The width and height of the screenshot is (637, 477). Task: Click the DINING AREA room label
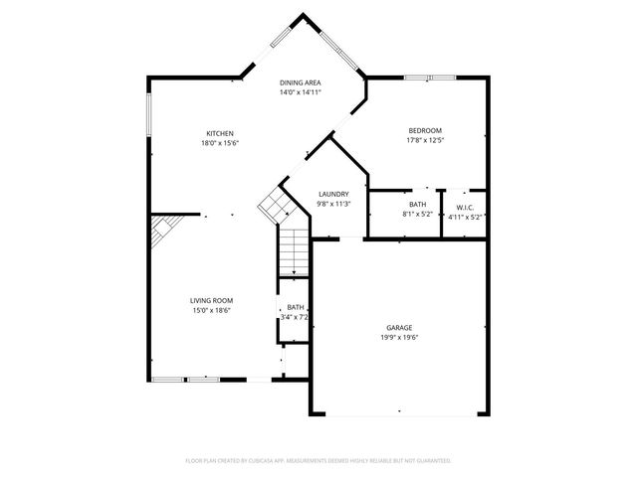[x=300, y=82]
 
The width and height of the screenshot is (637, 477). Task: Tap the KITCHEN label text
[x=220, y=133]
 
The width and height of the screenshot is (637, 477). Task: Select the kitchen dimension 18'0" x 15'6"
[x=220, y=143]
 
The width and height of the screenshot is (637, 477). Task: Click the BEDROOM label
[x=425, y=130]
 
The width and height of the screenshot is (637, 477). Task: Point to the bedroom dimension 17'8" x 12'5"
[x=425, y=140]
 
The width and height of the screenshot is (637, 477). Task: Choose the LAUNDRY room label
[x=332, y=194]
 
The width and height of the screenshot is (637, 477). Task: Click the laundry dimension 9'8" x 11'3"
[x=332, y=204]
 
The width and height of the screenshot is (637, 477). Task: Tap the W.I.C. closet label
[x=465, y=207]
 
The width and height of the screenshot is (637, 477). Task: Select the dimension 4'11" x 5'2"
[x=465, y=216]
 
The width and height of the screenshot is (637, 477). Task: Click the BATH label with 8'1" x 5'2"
[x=417, y=206]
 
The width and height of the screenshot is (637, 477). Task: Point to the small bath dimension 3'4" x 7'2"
[x=297, y=318]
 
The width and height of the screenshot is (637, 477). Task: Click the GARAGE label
[x=399, y=327]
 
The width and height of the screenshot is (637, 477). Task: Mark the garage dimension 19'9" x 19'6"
[x=399, y=337]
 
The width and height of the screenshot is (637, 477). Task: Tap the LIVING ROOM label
[x=212, y=300]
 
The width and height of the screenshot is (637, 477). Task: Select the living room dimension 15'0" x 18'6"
[x=212, y=310]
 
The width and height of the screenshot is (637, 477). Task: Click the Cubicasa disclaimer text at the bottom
[x=318, y=460]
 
